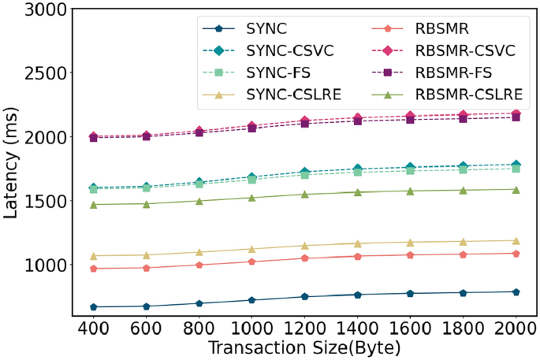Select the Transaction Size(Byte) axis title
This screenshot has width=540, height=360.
pos(305,347)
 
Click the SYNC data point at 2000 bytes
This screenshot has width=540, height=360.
pos(516,291)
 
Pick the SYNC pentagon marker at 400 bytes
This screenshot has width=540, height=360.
pos(93,306)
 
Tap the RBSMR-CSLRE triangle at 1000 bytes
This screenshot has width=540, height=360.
pos(252,198)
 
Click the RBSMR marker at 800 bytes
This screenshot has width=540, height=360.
pos(199,265)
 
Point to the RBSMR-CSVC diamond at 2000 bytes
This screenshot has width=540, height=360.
pos(516,114)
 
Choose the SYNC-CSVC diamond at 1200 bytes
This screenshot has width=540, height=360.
pos(305,172)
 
